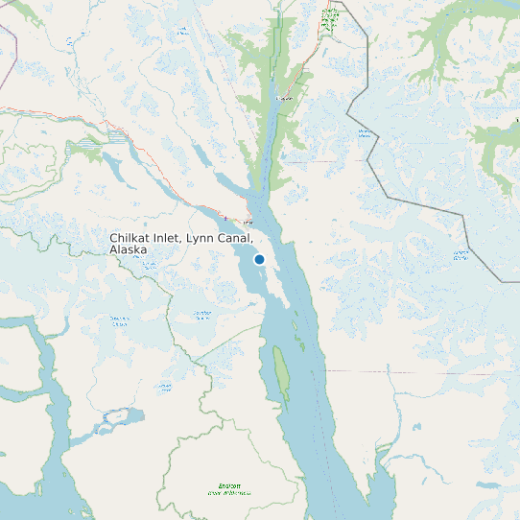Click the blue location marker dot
259,259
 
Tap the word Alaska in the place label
128,249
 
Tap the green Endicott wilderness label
229,489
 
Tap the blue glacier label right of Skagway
365,133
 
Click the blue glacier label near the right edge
461,254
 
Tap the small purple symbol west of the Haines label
225,217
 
